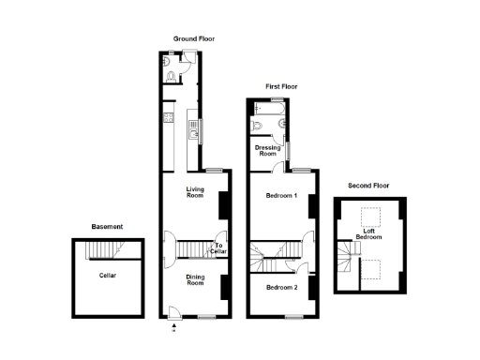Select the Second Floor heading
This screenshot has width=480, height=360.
coord(367,186)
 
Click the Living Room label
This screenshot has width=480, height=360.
coord(195,192)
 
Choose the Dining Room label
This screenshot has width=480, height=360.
coord(195,279)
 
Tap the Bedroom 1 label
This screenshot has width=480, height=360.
coord(281,196)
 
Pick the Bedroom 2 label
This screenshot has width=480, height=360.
coord(281,287)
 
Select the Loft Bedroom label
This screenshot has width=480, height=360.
coord(368,234)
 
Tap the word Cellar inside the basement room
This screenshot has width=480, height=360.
coord(109,276)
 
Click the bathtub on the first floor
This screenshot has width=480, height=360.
coord(269,111)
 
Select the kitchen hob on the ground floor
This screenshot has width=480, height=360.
coord(166,118)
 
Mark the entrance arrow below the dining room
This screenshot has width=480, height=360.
coord(173,328)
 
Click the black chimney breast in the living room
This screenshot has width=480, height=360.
coord(223,204)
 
